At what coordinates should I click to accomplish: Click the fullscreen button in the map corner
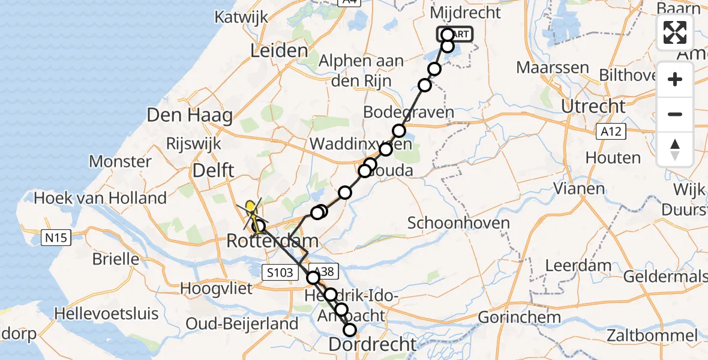pos(675,32)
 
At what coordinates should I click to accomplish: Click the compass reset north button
pos(675,149)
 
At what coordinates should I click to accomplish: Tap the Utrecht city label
pos(593,107)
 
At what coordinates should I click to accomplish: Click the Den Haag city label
pos(190,115)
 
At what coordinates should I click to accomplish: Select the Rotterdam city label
pos(272,242)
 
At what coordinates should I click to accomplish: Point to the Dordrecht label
pos(372,344)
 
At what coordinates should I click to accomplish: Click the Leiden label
pos(279,51)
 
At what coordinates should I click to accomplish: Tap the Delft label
pos(212,172)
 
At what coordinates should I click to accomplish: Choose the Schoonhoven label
pos(458,223)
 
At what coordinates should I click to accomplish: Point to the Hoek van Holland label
pos(100,197)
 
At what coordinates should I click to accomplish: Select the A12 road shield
pos(611,131)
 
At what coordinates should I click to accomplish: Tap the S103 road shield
pos(281,273)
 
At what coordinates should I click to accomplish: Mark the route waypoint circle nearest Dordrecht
pos(349,329)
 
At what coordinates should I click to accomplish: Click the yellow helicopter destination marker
pos(251,209)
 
